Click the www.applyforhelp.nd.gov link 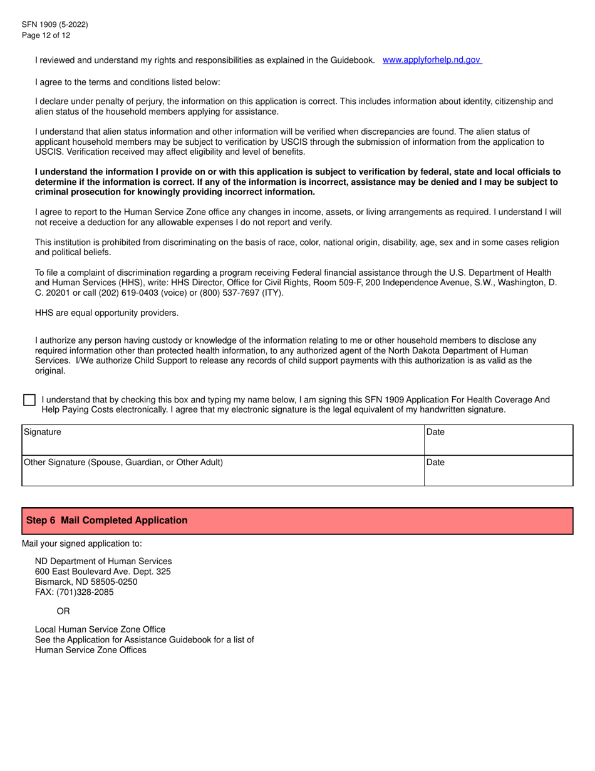click(x=432, y=60)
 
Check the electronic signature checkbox click(x=29, y=400)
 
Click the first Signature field click(x=222, y=440)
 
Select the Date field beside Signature click(x=498, y=440)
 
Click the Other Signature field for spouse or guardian click(x=222, y=470)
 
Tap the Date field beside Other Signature click(x=498, y=470)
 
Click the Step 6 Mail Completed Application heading click(x=106, y=520)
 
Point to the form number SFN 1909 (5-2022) click(x=54, y=24)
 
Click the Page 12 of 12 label click(x=46, y=35)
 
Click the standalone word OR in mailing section click(x=63, y=611)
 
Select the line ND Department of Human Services click(x=103, y=561)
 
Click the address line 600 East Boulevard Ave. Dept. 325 click(x=103, y=572)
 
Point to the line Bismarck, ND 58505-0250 click(x=86, y=582)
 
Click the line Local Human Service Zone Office click(x=100, y=629)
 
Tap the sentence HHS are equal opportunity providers click(x=106, y=313)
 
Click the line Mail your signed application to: click(x=82, y=543)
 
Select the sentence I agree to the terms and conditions click(x=128, y=82)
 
